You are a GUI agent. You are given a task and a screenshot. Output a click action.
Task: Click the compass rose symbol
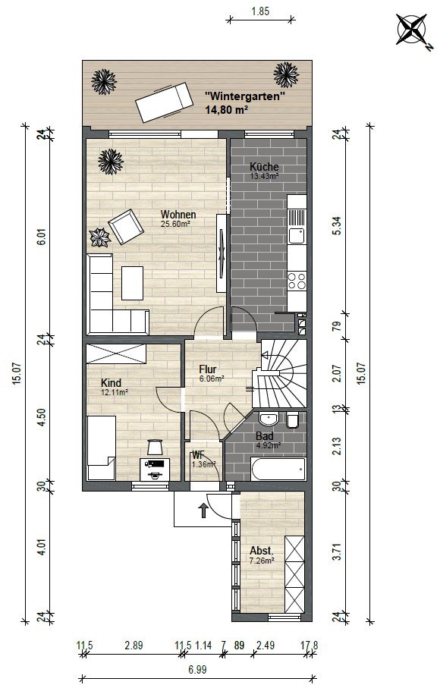(411, 30)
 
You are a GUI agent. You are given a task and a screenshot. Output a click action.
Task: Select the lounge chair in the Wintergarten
(164, 103)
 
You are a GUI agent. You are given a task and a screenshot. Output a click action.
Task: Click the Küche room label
(264, 167)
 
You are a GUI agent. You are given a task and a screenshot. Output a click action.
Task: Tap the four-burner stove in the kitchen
(297, 281)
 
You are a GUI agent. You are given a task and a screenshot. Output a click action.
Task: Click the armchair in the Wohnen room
(126, 226)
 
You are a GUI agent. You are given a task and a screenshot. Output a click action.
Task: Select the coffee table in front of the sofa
(132, 283)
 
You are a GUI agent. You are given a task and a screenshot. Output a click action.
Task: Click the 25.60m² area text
(175, 223)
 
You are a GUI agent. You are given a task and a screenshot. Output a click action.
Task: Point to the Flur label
(208, 369)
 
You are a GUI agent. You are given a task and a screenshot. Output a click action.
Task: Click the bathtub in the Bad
(278, 469)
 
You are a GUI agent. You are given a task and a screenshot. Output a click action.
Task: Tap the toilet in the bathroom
(292, 420)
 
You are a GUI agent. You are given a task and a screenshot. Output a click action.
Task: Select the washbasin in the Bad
(269, 419)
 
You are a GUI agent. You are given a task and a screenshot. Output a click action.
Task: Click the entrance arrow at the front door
(203, 511)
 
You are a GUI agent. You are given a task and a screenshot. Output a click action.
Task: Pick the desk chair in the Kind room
(155, 447)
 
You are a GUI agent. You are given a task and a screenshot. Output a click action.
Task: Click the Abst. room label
(262, 551)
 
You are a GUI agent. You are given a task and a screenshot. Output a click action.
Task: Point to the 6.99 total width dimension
(197, 670)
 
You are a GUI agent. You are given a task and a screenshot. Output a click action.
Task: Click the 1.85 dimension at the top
(260, 11)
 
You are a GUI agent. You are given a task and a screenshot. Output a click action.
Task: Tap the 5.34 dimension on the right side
(337, 226)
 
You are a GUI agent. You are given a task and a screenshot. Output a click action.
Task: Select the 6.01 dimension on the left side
(41, 238)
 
